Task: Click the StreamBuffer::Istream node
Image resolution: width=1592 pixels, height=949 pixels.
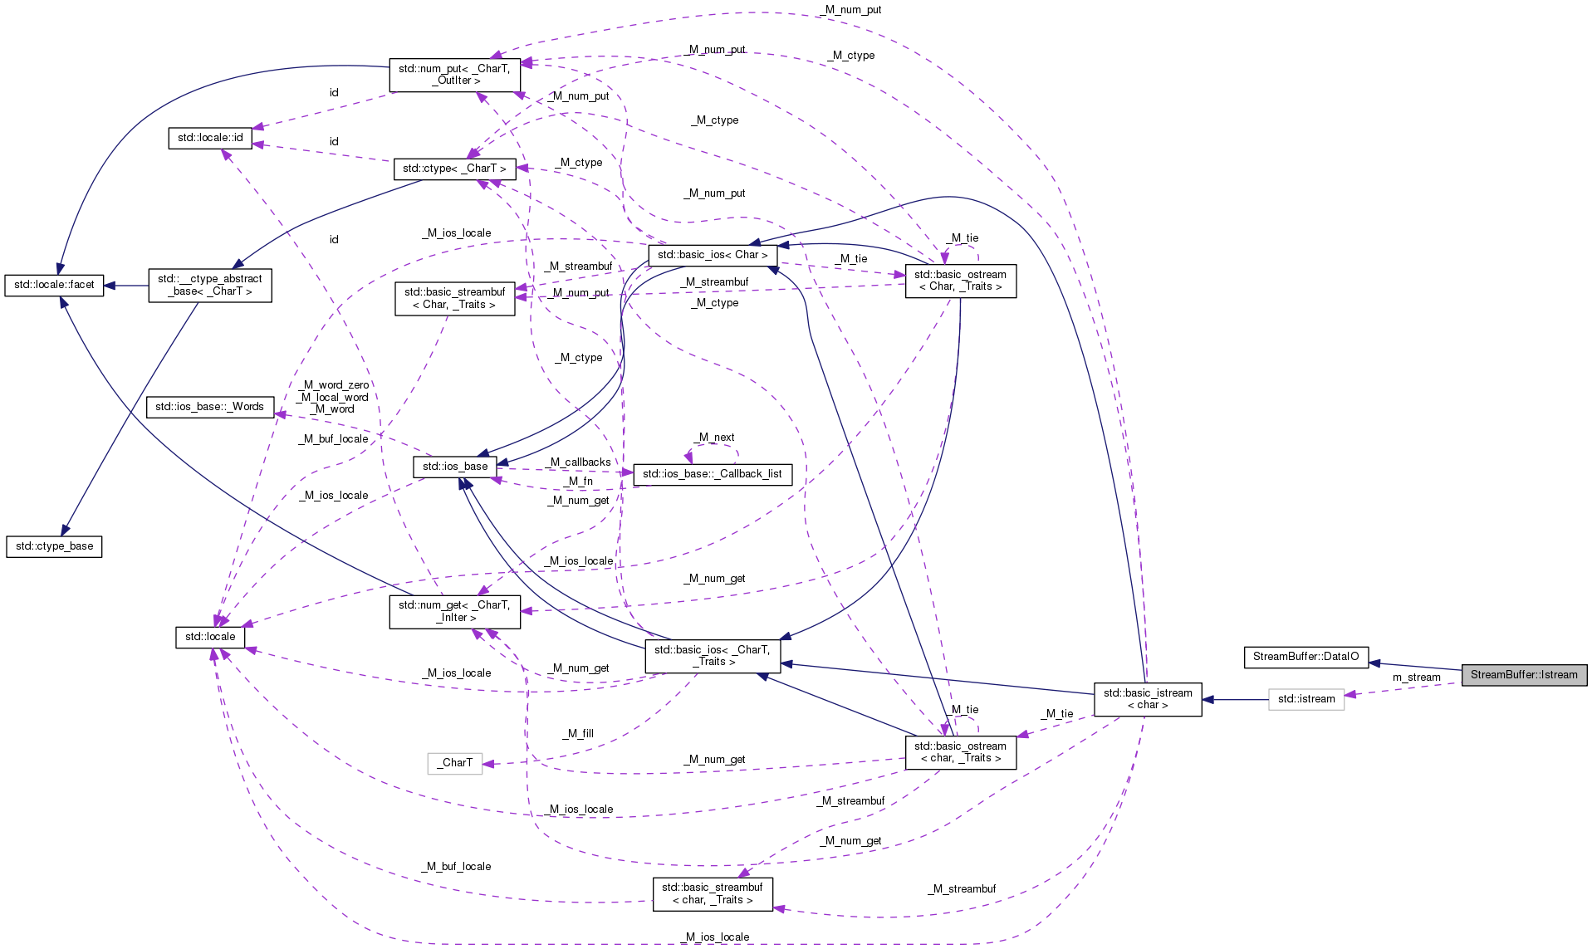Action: pyautogui.click(x=1523, y=675)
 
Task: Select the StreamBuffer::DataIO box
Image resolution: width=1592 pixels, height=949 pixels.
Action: pyautogui.click(x=1305, y=657)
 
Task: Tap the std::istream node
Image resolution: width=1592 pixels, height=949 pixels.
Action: pyautogui.click(x=1305, y=699)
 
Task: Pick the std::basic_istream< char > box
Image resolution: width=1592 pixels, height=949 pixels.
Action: pyautogui.click(x=1147, y=699)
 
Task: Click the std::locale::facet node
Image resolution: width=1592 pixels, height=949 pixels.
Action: pyautogui.click(x=54, y=285)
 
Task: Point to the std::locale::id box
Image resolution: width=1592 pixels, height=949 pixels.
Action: pyautogui.click(x=210, y=138)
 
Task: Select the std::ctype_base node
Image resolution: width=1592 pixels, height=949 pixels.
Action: pyautogui.click(x=54, y=546)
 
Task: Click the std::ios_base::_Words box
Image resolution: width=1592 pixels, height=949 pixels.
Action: pyautogui.click(x=209, y=407)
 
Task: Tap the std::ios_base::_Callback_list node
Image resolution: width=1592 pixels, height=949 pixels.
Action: pyautogui.click(x=712, y=474)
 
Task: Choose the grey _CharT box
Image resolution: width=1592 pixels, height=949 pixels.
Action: pyautogui.click(x=454, y=763)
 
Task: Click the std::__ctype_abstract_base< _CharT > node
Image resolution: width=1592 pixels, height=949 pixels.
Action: pyautogui.click(x=209, y=285)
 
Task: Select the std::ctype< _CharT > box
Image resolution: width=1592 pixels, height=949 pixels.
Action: pyautogui.click(x=454, y=169)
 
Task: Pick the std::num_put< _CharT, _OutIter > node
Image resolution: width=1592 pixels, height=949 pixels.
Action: pyautogui.click(x=454, y=75)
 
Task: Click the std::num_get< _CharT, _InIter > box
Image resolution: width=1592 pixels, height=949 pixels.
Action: pyautogui.click(x=454, y=611)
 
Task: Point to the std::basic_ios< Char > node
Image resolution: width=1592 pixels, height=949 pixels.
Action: pyautogui.click(x=712, y=255)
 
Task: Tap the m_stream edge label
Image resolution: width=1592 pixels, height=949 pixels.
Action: pyautogui.click(x=1416, y=678)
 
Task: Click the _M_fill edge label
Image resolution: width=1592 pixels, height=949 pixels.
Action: pyautogui.click(x=578, y=734)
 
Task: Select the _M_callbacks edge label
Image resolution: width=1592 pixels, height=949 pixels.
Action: pyautogui.click(x=580, y=462)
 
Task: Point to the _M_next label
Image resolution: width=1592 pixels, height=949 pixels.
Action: pyautogui.click(x=715, y=438)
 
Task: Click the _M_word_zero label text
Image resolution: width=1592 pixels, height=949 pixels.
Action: pyautogui.click(x=335, y=385)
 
